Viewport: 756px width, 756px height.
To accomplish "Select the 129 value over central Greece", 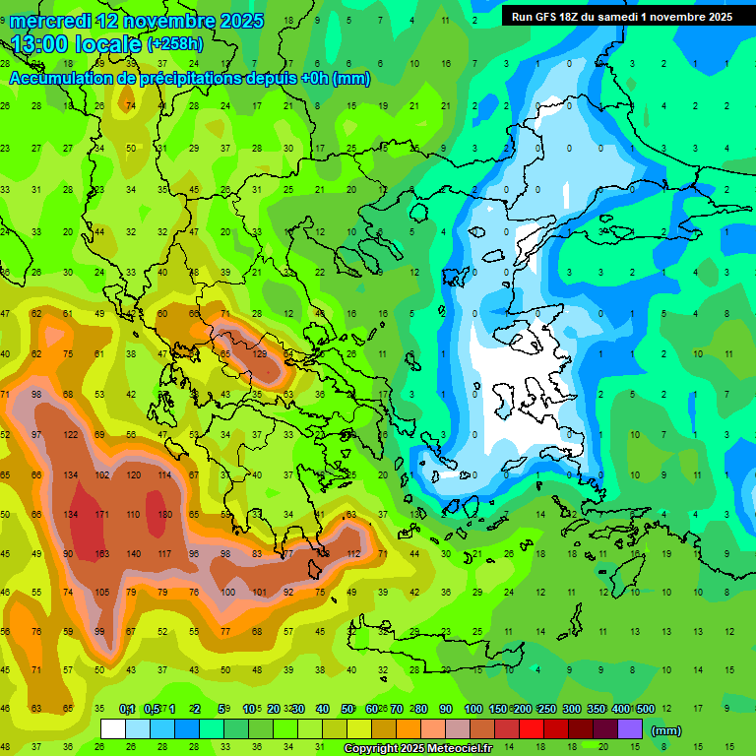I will click(x=260, y=354).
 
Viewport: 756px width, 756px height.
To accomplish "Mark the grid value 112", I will click(x=352, y=554).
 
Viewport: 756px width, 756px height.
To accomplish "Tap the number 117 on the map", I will click(x=164, y=554).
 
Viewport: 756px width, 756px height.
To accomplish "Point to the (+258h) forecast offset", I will click(x=175, y=44).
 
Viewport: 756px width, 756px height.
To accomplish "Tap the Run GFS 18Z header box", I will click(x=621, y=17).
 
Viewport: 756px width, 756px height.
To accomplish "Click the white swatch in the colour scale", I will click(x=113, y=729).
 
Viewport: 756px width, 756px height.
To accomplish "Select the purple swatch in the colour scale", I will click(x=630, y=729).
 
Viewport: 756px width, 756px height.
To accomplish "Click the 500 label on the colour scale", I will click(x=645, y=709).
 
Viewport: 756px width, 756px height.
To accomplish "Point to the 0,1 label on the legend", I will click(x=126, y=709).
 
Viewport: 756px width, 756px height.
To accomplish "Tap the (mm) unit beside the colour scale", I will click(x=666, y=730).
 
